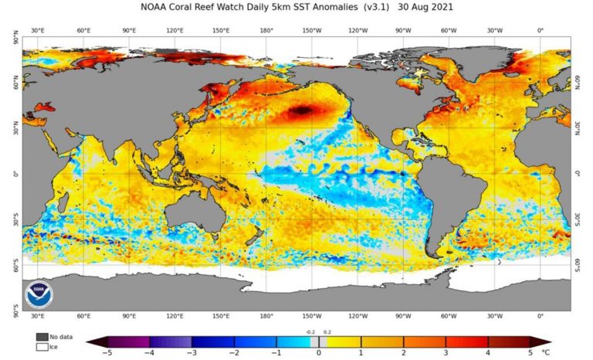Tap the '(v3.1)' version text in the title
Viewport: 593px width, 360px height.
381,7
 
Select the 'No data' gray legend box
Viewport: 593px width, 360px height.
41,337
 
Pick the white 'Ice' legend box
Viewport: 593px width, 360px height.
41,347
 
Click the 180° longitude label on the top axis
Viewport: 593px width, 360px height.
267,30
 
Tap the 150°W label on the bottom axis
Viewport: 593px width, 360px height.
312,317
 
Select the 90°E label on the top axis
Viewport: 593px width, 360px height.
129,30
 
